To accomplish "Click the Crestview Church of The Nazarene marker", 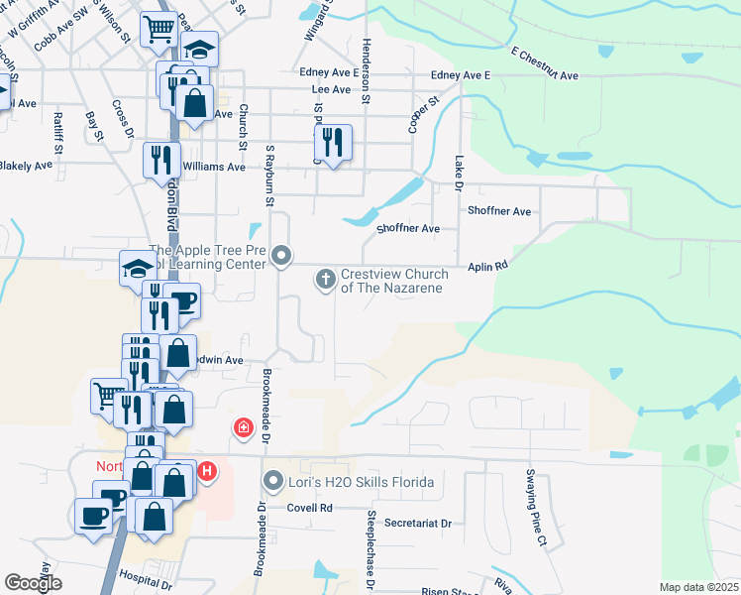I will [x=325, y=280].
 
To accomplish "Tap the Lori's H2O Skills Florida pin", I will [x=274, y=483].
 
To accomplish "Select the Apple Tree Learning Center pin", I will [x=281, y=257].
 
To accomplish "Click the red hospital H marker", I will [x=206, y=471].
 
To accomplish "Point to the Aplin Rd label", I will [x=487, y=266].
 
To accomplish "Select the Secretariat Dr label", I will [x=417, y=523].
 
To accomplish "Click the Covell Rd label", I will [x=310, y=507].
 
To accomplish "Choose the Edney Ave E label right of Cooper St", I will [x=461, y=75].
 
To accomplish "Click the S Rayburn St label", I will [x=268, y=177].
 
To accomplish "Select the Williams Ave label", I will [x=214, y=167].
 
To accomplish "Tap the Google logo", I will [x=33, y=584].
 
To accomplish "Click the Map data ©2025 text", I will [x=698, y=587].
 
